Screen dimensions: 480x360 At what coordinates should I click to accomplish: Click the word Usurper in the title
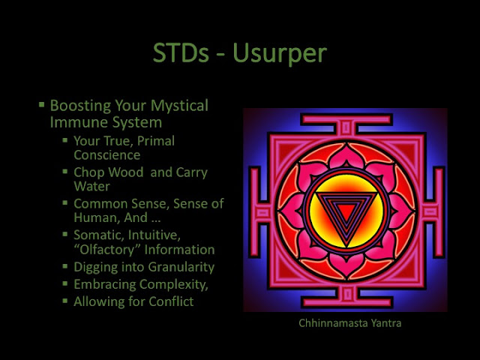[280, 53]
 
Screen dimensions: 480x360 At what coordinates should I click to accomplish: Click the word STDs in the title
[181, 52]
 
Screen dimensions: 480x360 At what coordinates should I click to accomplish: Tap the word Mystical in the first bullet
[179, 106]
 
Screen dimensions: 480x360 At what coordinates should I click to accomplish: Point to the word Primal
[156, 141]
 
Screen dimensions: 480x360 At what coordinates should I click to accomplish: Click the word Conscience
[107, 155]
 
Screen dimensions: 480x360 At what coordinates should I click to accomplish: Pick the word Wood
[126, 172]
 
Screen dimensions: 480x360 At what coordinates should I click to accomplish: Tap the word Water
[91, 187]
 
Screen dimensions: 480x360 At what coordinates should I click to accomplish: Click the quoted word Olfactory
[107, 250]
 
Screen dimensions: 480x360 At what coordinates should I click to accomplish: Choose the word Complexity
[174, 284]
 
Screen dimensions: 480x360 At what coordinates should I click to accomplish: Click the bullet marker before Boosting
[42, 105]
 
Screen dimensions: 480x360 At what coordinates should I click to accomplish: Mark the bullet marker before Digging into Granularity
[65, 266]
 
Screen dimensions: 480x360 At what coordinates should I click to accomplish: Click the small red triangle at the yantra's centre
[346, 211]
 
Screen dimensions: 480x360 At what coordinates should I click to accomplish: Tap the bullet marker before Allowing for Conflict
[65, 301]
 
